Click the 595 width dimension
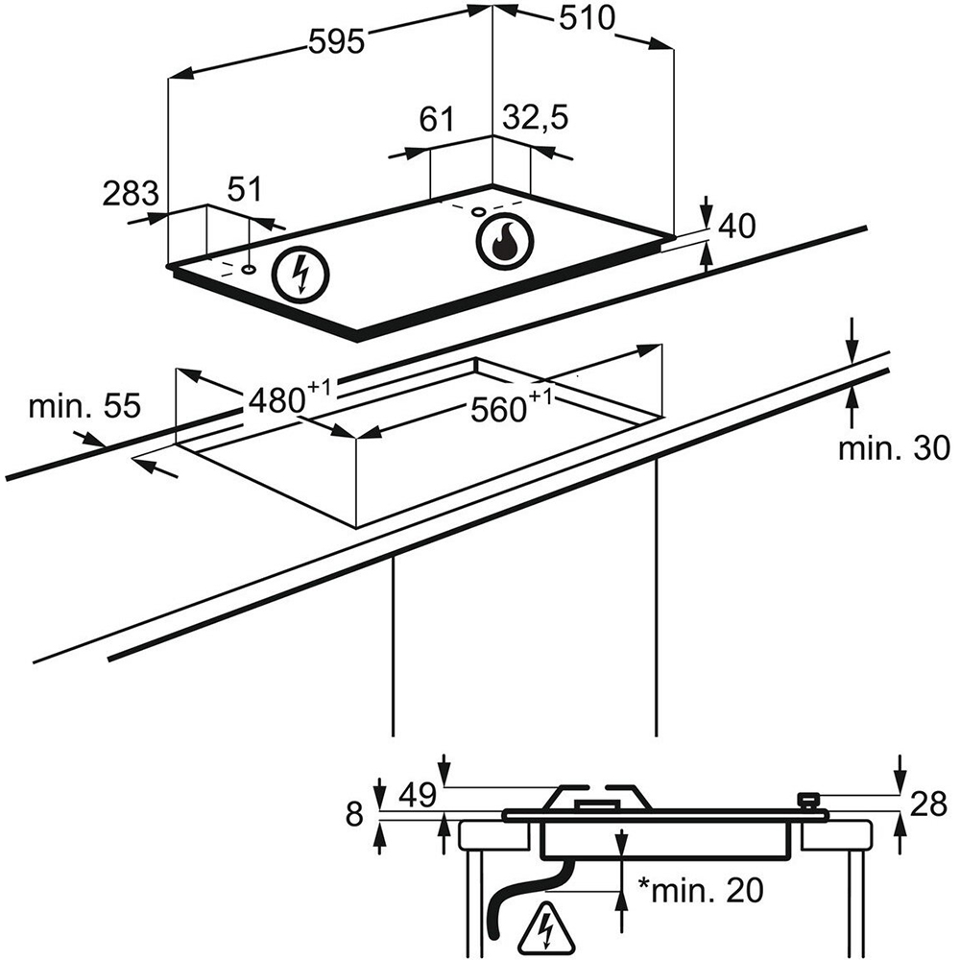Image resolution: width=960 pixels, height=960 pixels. pos(337,42)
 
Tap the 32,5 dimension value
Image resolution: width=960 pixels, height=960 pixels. pos(536,118)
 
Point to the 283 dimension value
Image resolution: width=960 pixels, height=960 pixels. pos(131,194)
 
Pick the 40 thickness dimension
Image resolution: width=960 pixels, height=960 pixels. pos(736,226)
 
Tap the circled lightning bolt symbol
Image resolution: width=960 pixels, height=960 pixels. pos(300,274)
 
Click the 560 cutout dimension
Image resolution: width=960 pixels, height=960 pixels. pos(512,407)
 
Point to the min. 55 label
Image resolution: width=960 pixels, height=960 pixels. pos(84,405)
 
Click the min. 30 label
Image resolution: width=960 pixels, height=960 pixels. pos(893,448)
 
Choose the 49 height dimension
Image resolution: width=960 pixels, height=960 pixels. pos(418,795)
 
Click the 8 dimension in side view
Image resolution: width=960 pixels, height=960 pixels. pos(354,815)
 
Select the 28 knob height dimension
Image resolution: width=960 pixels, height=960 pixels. pos(928,804)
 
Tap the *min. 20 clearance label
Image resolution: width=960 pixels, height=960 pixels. pos(701,890)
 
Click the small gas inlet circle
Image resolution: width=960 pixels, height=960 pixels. pos(477,211)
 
